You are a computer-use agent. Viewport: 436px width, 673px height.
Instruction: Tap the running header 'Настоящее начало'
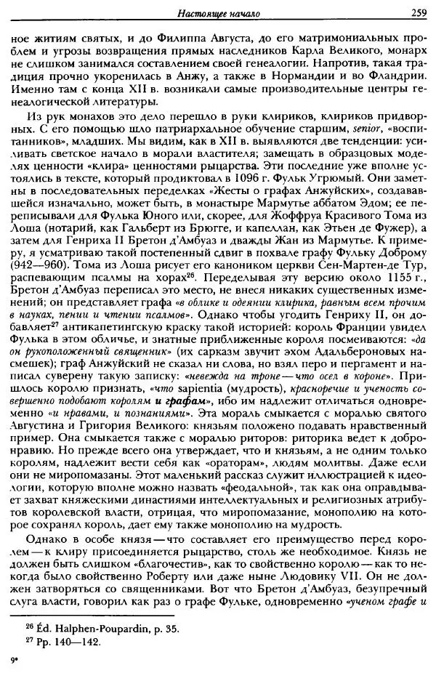click(218, 11)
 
